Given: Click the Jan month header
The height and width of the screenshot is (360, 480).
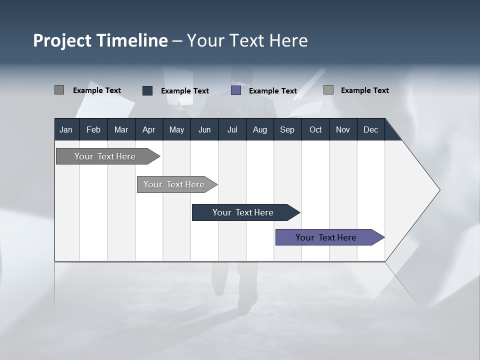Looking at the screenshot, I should tap(66, 130).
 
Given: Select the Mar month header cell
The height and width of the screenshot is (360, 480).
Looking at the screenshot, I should tap(121, 130).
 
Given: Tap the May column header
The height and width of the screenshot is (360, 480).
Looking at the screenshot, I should tap(176, 130).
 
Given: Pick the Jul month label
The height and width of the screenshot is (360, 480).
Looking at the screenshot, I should tap(232, 130).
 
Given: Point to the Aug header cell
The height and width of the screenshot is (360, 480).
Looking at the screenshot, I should tap(259, 130).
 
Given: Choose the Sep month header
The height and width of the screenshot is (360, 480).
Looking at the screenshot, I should tap(287, 130).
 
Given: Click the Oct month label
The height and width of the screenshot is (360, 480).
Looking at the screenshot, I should tap(315, 130).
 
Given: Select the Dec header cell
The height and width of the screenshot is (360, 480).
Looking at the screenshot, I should tap(370, 130).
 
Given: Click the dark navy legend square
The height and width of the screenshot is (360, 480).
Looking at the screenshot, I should tap(147, 90).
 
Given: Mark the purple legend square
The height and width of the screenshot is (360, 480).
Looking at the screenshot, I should tap(236, 90).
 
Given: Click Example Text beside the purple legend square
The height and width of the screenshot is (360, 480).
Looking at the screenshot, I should tap(272, 91).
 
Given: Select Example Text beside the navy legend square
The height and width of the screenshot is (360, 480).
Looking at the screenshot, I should tap(184, 91).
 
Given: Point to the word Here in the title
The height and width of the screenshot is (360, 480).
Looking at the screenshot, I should tap(288, 40).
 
